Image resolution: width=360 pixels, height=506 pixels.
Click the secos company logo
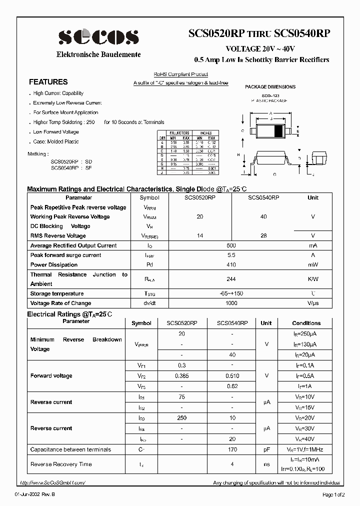pos(99,37)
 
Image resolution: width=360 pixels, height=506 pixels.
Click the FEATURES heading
pos(48,82)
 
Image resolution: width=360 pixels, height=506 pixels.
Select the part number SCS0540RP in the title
pos(302,33)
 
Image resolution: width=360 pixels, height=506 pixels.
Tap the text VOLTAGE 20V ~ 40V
pos(260,49)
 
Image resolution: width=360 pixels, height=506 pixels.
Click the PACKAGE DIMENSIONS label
pos(270,87)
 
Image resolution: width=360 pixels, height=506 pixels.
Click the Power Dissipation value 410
pos(231,264)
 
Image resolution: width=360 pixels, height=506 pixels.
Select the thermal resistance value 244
pos(231,279)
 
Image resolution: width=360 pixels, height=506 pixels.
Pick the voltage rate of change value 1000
pos(231,303)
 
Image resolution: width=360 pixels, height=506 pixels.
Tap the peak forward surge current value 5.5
pos(231,255)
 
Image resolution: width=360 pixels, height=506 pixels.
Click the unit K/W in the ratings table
pos(313,279)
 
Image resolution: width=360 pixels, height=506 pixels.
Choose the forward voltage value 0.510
pos(232,375)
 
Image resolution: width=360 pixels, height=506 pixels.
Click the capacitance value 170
pos(232,449)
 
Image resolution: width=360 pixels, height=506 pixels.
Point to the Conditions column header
pos(306,323)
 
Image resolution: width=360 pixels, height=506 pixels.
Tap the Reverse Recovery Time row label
pos(61,464)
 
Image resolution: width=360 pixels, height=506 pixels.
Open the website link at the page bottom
pos(53,482)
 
